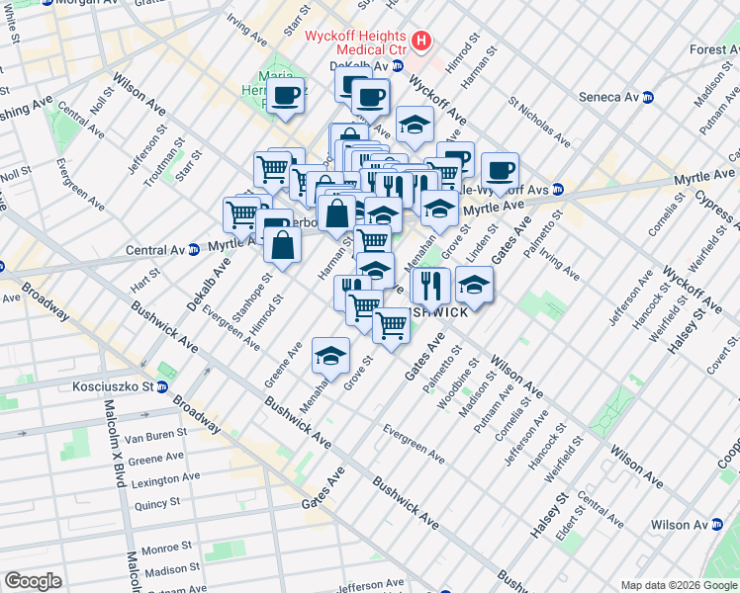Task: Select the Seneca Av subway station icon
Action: tap(649, 97)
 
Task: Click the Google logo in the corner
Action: tap(33, 581)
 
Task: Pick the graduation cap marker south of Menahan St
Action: tap(330, 355)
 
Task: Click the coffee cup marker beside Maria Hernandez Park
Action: tap(286, 96)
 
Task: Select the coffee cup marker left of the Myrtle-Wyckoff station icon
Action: tap(500, 169)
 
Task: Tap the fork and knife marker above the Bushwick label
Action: tap(430, 286)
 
